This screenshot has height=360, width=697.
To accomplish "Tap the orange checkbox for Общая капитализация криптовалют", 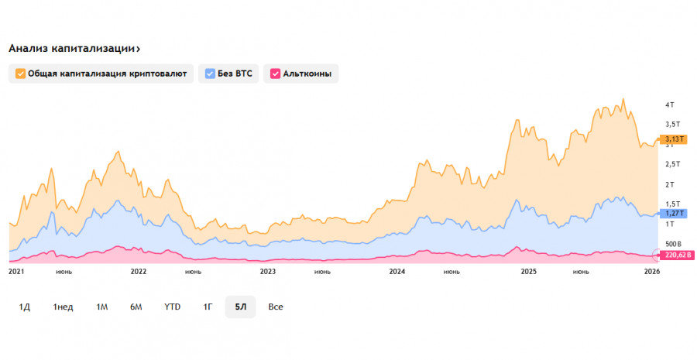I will [20, 74].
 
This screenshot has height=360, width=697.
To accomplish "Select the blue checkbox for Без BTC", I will [210, 74].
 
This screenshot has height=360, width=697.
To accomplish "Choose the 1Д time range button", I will [24, 307].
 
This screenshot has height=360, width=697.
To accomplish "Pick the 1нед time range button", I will [63, 307].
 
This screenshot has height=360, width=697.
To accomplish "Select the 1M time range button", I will [101, 307].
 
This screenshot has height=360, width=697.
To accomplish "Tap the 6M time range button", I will [136, 307].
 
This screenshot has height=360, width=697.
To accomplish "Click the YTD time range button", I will [172, 307].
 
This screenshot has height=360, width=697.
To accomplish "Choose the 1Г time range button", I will [208, 307].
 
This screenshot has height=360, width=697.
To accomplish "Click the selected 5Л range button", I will [241, 307].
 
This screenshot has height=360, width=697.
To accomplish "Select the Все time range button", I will [276, 307].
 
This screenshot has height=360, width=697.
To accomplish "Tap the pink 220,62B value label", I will [678, 255].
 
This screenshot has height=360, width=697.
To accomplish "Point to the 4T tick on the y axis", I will [670, 105].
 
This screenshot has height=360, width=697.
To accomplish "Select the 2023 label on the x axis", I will [268, 272].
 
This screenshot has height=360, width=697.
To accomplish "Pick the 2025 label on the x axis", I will [529, 272].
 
